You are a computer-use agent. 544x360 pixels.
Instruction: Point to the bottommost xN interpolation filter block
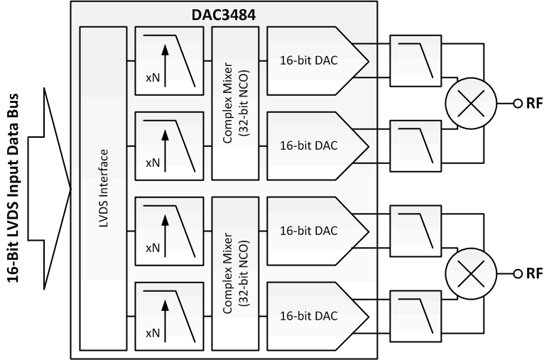pos(168,313)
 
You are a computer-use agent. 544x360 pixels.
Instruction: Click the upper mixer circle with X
pos(467,102)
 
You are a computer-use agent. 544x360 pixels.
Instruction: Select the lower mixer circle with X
pos(467,273)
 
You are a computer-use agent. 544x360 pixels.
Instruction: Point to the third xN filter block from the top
pos(168,227)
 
